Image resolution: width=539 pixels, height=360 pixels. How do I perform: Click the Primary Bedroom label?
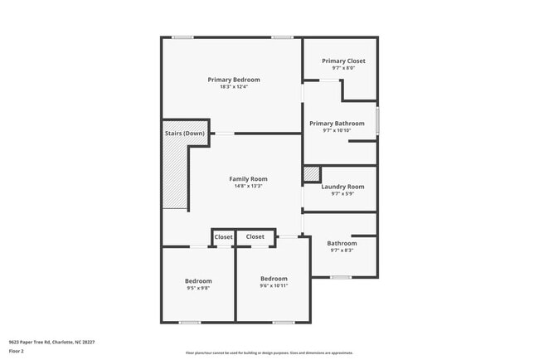[x=233, y=80]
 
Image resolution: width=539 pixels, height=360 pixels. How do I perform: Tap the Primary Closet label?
[x=343, y=61]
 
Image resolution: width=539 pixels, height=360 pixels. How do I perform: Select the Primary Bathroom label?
[x=337, y=124]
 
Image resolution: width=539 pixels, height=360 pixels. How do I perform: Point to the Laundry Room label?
[x=342, y=187]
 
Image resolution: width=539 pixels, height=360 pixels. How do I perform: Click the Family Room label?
[x=248, y=178]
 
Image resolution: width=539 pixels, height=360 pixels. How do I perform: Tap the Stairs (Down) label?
[x=184, y=133]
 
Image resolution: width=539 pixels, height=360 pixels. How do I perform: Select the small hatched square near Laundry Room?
[x=311, y=174]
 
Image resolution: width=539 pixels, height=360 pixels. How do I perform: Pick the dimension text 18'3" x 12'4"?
[x=233, y=87]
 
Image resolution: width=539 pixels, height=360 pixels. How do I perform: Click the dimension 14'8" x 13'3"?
[x=248, y=186]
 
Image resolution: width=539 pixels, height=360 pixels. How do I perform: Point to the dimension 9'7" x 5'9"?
[x=342, y=194]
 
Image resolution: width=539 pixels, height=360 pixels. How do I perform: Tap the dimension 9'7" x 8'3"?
[x=342, y=250]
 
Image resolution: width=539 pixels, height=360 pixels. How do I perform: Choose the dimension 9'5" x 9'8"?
[x=198, y=288]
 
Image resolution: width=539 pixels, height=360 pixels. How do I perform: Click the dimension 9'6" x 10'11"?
[x=274, y=286]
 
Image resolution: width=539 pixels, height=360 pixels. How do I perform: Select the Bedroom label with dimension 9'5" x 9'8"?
[x=198, y=280]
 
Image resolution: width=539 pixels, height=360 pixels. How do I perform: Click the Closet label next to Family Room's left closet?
[x=224, y=237]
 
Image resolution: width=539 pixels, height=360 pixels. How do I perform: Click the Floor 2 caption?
[x=17, y=351]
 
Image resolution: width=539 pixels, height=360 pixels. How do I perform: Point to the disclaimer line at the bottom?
[x=269, y=353]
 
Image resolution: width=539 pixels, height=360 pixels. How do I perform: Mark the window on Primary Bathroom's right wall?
[x=377, y=120]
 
